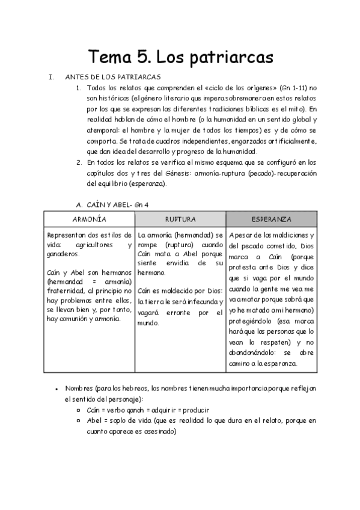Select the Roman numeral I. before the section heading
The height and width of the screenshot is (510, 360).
point(51,77)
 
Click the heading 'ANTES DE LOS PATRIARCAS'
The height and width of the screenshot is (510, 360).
point(112,77)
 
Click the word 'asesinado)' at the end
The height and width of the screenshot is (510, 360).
point(158,431)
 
